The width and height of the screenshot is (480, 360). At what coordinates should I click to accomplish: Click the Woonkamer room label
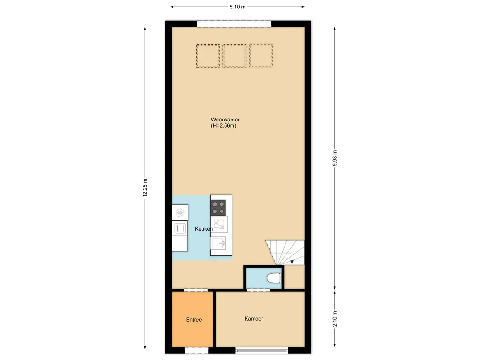[x=225, y=120]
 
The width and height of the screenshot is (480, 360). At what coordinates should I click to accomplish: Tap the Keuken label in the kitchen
[x=204, y=229]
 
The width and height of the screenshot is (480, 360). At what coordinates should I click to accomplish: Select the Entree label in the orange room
[x=194, y=320]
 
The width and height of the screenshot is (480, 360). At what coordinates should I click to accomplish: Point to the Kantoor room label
[x=254, y=319]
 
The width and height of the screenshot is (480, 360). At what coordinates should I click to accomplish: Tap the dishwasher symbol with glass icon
[x=218, y=223]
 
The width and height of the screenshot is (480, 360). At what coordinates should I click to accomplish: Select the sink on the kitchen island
[x=218, y=244]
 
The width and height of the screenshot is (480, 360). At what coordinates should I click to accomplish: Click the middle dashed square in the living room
[x=234, y=56]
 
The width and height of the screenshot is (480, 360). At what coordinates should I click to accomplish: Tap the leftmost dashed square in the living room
[x=208, y=56]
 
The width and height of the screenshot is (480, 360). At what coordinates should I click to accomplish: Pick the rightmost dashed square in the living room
[x=261, y=56]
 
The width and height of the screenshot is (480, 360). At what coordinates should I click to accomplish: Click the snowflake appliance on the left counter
[x=180, y=212]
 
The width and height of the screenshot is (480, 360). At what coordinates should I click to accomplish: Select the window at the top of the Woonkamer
[x=234, y=24]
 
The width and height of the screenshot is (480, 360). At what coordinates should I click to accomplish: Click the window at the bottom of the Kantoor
[x=262, y=350]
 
